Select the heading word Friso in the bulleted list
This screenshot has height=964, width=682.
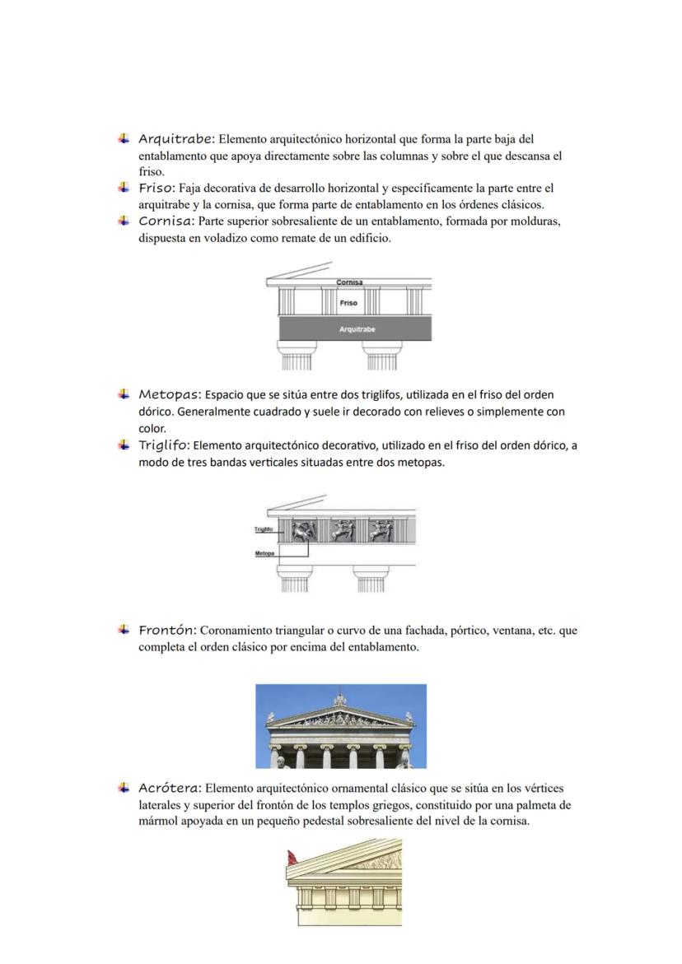click(x=156, y=188)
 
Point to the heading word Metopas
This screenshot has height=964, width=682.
click(x=169, y=394)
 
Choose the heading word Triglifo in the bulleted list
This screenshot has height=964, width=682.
click(x=164, y=445)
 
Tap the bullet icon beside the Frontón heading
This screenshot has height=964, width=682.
click(x=124, y=630)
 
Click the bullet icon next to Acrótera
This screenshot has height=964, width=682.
click(x=124, y=788)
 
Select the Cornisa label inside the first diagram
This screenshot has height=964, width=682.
click(x=349, y=282)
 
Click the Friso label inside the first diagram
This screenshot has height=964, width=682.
click(x=348, y=303)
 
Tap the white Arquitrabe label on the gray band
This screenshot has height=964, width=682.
click(x=357, y=329)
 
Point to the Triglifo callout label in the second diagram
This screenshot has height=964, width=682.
click(x=264, y=529)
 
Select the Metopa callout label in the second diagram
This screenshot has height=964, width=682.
click(x=264, y=553)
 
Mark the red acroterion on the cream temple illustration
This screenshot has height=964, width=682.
click(x=291, y=858)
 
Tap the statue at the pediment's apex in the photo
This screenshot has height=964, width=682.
click(x=340, y=700)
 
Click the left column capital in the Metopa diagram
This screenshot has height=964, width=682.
click(x=293, y=570)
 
